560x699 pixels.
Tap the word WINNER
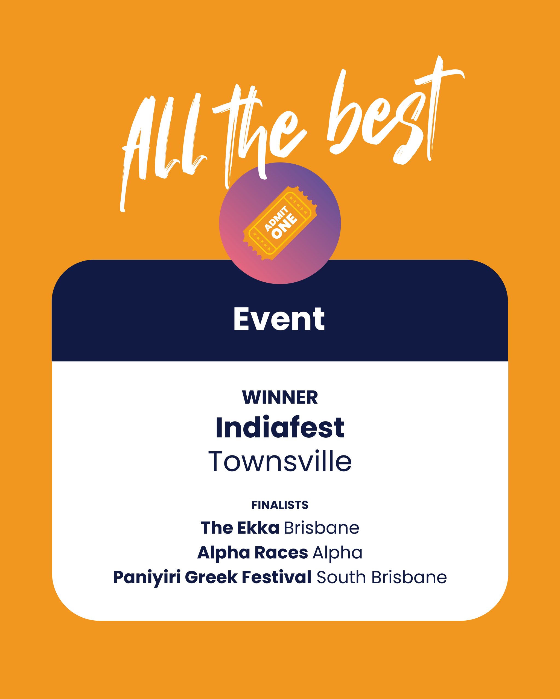(x=280, y=398)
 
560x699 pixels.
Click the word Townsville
(x=280, y=461)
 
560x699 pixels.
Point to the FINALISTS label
(x=280, y=505)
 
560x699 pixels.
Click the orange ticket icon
(x=280, y=223)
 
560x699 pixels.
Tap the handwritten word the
(x=260, y=130)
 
